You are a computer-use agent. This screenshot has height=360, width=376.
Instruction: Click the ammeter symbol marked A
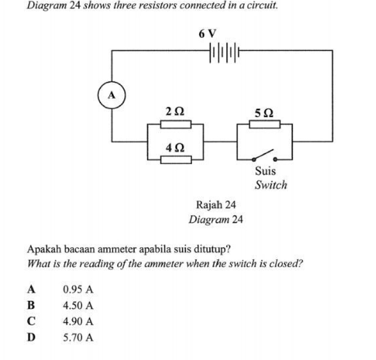click(x=112, y=95)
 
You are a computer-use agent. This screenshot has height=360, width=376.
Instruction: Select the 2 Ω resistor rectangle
click(x=175, y=125)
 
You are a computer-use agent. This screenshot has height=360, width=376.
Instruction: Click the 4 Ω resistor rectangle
click(x=175, y=160)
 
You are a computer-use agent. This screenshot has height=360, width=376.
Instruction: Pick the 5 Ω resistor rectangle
click(x=264, y=125)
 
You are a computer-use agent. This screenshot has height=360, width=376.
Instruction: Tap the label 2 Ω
click(x=175, y=111)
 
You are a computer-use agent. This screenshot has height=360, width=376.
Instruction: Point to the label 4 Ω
click(x=175, y=147)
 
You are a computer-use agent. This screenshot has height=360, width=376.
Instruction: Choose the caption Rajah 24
click(x=215, y=205)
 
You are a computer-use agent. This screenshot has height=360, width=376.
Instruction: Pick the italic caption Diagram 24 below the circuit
click(x=215, y=220)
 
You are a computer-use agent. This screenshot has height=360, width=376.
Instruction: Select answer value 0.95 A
click(x=78, y=290)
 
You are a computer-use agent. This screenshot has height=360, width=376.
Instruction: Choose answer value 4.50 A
click(x=78, y=306)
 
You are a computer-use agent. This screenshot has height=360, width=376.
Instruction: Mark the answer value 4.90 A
click(x=78, y=321)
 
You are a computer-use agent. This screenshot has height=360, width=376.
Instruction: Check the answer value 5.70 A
click(x=78, y=337)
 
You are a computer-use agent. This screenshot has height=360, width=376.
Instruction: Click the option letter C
click(x=32, y=321)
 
